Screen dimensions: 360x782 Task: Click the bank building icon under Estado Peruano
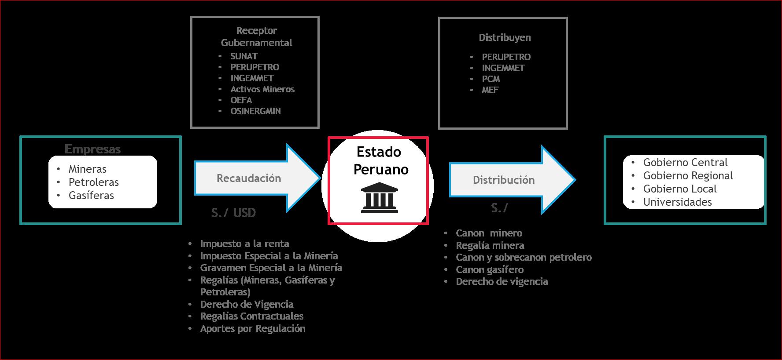[379, 199]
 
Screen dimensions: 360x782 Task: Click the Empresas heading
[92, 149]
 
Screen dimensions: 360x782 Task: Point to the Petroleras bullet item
[93, 182]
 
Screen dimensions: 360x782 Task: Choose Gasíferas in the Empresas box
[91, 196]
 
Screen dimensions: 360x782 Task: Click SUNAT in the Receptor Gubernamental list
[244, 56]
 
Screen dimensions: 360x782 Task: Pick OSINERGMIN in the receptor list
[255, 111]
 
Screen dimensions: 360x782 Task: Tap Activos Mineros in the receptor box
[262, 89]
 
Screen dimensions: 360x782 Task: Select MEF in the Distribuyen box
[490, 90]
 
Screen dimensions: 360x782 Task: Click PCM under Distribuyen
[491, 79]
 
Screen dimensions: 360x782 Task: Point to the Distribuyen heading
[505, 38]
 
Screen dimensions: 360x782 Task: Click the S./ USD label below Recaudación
[233, 213]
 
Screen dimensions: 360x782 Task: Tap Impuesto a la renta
[244, 244]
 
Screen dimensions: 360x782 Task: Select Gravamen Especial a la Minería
[271, 268]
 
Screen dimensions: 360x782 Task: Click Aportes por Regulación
[252, 329]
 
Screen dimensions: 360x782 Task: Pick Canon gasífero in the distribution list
[490, 270]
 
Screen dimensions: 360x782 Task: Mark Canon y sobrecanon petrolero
[524, 258]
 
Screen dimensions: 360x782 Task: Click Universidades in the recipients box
[677, 202]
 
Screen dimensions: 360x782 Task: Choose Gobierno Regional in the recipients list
[688, 176]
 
